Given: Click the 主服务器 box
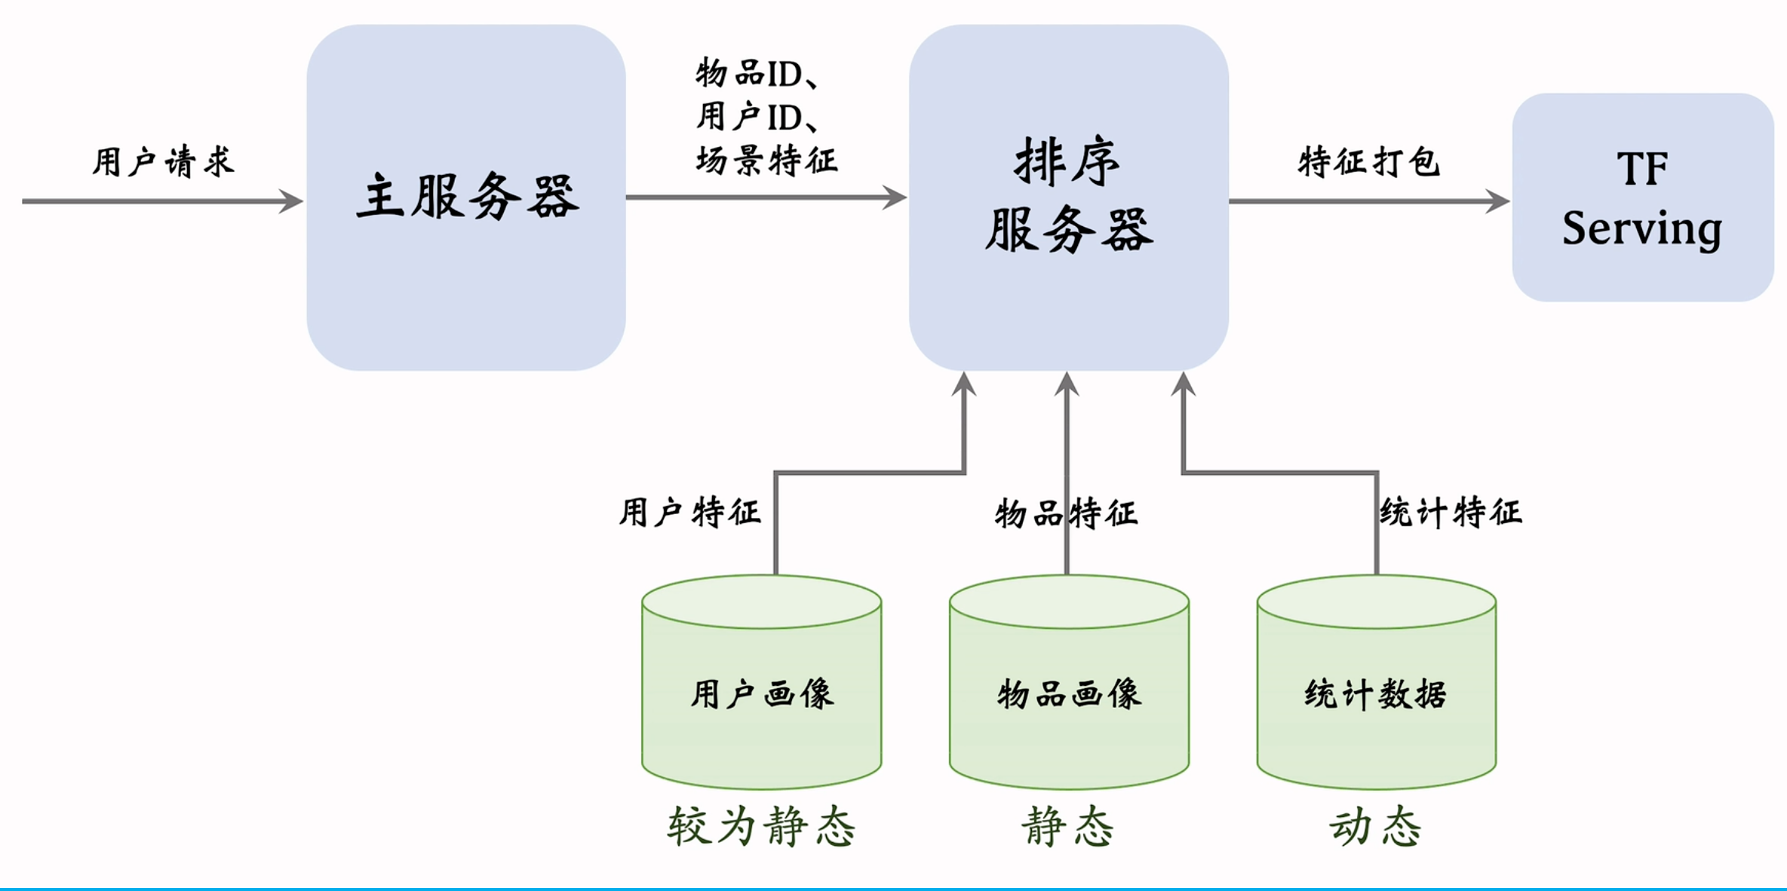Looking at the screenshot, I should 466,197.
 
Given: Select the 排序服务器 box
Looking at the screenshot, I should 1068,197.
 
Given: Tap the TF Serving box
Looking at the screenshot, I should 1642,197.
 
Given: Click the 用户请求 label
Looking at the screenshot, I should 163,162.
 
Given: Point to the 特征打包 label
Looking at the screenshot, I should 1368,162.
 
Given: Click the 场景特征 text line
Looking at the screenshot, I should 766,161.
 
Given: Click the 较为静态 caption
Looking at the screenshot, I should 762,827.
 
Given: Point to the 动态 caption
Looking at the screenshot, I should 1375,827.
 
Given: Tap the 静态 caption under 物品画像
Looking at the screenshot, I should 1068,827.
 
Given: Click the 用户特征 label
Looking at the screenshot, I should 689,513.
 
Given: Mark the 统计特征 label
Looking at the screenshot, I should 1451,513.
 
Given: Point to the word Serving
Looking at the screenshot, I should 1642,228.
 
